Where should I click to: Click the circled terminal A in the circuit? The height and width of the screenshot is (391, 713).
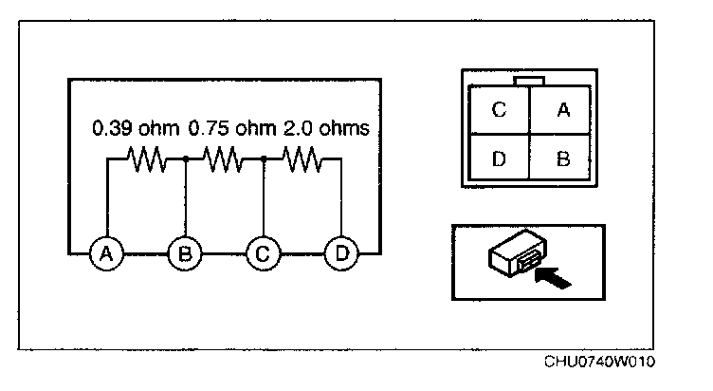107,253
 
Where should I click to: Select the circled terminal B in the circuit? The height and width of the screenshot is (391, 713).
185,253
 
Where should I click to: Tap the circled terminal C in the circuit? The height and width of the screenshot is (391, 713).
263,253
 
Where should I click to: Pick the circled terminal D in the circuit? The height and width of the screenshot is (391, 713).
340,253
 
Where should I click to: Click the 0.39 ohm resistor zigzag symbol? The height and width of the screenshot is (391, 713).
146,161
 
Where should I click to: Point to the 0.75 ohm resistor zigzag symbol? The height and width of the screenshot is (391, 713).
224,161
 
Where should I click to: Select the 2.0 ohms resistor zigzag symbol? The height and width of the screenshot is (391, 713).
302,161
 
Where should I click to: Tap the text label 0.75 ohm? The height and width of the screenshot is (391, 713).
232,126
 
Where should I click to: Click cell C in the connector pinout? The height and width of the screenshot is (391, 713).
499,110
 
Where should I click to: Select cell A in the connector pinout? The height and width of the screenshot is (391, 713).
562,110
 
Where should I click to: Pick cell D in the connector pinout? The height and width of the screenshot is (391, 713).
499,158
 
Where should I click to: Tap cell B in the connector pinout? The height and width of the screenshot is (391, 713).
562,158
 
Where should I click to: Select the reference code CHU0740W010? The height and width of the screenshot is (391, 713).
599,363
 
